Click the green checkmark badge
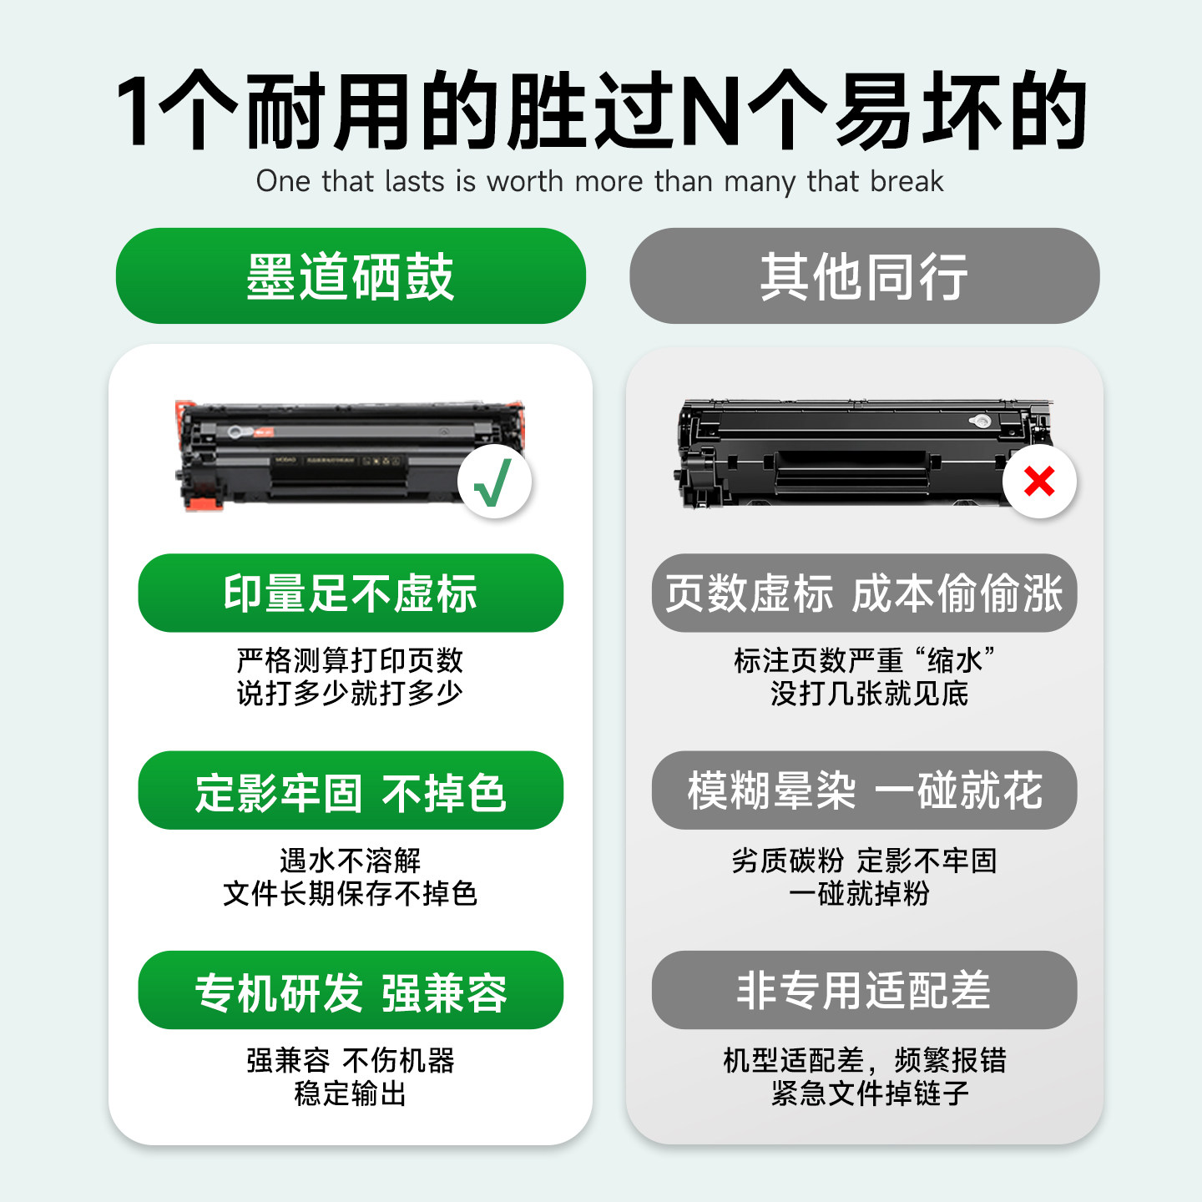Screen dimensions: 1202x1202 tap(494, 482)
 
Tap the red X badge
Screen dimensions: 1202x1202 tap(1039, 482)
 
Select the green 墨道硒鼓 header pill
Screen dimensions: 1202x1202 tap(351, 276)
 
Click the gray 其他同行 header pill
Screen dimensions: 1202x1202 tap(864, 276)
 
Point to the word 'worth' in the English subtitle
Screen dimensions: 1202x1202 tap(525, 181)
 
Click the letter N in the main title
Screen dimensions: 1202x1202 tap(710, 112)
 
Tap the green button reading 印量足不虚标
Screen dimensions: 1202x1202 tap(351, 593)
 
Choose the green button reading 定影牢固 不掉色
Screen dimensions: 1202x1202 tap(351, 790)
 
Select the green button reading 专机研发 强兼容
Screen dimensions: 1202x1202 tap(351, 990)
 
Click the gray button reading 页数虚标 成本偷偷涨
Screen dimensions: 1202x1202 tap(864, 593)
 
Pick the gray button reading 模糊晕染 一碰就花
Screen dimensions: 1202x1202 tap(864, 790)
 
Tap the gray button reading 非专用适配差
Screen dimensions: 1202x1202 tap(864, 990)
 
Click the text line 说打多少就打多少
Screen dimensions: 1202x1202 tap(350, 694)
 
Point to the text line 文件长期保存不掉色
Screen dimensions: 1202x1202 tap(350, 894)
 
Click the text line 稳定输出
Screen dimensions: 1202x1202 tap(350, 1093)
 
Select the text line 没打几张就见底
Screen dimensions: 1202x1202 tap(869, 694)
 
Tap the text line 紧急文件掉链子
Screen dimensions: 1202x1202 tap(869, 1093)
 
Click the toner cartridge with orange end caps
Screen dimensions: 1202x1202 tap(334, 455)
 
